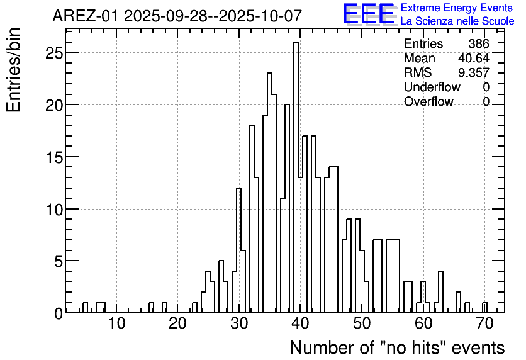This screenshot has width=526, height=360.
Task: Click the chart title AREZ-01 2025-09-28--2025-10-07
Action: pos(177,16)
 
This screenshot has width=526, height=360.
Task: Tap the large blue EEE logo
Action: pos(368,14)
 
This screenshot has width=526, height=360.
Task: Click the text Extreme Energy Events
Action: pos(457,8)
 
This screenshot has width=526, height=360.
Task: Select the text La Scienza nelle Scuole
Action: pos(457,21)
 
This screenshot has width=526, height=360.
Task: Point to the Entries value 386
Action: pos(479,44)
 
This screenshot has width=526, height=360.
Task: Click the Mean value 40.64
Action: pos(473,59)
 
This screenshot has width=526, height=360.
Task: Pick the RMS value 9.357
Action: pos(473,73)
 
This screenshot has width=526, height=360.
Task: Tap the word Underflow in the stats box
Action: pos(432,87)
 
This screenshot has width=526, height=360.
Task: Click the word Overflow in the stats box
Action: pos(428,102)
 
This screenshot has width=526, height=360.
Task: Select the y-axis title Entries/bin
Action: pos(14,70)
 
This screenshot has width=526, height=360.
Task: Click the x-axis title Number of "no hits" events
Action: pos(397,347)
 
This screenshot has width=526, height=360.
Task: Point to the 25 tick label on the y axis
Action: pos(54,53)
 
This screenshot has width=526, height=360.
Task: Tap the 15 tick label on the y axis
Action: pos(54,157)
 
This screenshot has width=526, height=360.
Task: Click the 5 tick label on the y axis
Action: pos(58,261)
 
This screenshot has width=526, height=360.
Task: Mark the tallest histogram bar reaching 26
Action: pos(296,176)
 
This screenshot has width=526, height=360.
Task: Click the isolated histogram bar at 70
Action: pos(484,308)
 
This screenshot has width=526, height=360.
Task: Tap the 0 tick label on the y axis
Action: pos(58,313)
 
